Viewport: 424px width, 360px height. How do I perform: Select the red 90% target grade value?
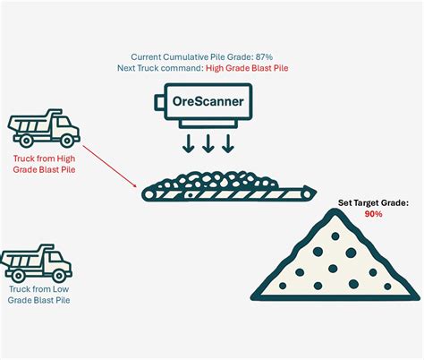pyautogui.click(x=374, y=215)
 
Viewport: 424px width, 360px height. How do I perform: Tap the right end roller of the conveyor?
pyautogui.click(x=307, y=190)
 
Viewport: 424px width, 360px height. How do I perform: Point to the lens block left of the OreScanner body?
pyautogui.click(x=162, y=102)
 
